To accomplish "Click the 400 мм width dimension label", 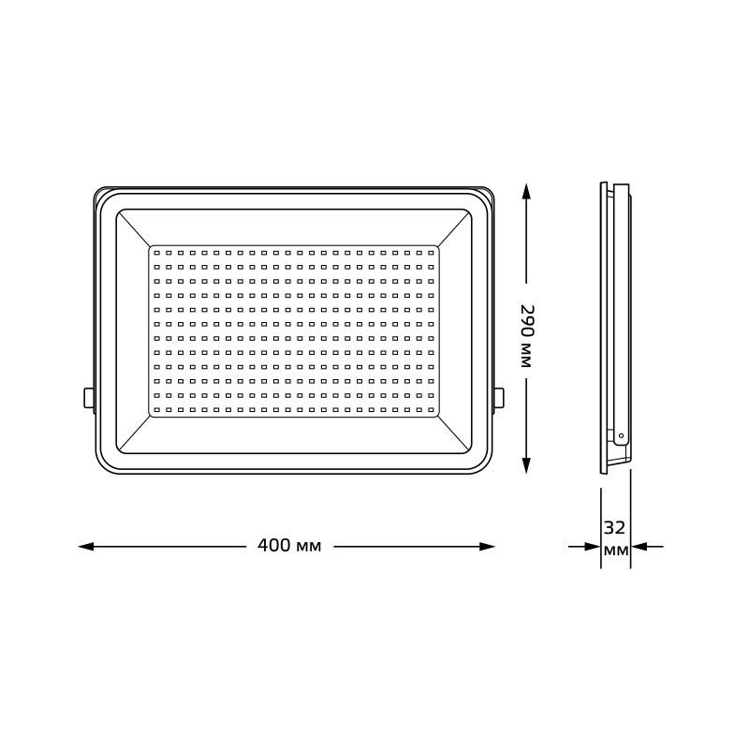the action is [289, 546].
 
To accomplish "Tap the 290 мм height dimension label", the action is [526, 336].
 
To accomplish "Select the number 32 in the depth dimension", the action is [614, 528].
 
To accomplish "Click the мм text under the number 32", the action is [616, 550].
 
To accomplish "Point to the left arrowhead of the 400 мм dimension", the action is [86, 547].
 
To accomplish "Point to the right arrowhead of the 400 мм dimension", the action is [487, 547].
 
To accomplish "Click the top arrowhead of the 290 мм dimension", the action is [526, 192].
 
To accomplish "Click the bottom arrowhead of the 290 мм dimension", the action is [526, 465].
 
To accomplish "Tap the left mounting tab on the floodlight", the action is [89, 398].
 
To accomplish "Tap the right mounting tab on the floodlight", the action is [499, 398].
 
